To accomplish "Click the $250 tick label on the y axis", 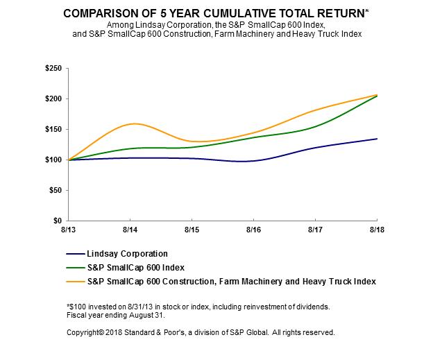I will click(53, 68).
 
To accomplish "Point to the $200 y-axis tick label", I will click(53, 98).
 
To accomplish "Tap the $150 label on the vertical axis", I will click(53, 129).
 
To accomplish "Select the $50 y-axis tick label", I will click(55, 190).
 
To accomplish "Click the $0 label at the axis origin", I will click(58, 221).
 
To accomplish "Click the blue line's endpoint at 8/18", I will click(377, 139).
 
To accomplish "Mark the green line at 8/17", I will click(315, 127).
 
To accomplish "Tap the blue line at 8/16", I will click(253, 160).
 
